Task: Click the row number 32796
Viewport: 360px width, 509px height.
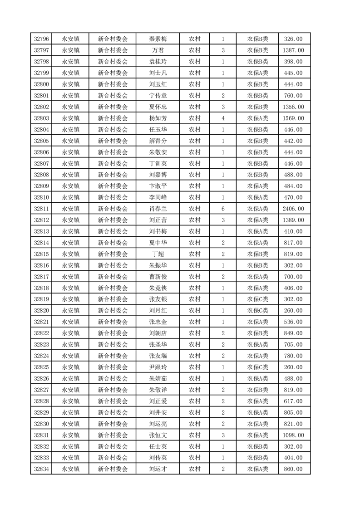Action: click(x=41, y=39)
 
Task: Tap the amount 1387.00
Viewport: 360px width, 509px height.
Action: click(x=293, y=50)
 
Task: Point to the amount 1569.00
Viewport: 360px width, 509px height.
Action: click(x=293, y=118)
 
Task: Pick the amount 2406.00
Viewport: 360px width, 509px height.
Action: click(x=293, y=209)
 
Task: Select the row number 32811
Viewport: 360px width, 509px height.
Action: click(x=41, y=209)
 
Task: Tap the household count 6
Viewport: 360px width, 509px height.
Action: click(x=223, y=209)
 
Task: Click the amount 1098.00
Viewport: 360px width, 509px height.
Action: click(x=293, y=435)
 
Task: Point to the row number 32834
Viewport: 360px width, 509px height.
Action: click(x=41, y=469)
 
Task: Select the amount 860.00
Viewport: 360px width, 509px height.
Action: click(x=293, y=469)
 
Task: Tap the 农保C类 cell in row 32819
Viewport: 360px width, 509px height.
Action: click(x=257, y=299)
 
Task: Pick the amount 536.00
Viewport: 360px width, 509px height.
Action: click(x=293, y=322)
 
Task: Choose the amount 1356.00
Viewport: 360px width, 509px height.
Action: click(x=293, y=107)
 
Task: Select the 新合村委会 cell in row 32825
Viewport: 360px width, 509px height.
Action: click(x=113, y=367)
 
